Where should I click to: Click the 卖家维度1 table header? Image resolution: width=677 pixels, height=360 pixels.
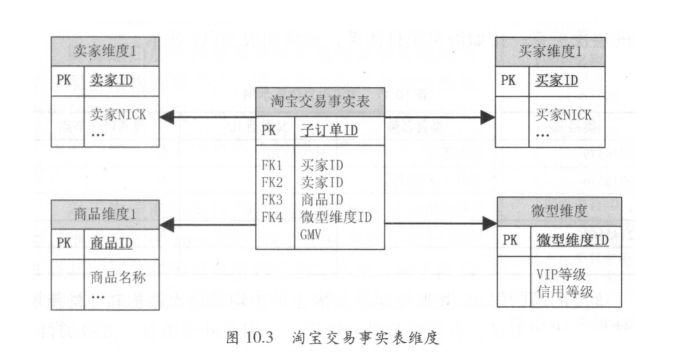click(x=105, y=52)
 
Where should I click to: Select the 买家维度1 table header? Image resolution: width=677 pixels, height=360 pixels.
click(x=550, y=52)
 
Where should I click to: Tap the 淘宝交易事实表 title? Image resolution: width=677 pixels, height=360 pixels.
click(x=320, y=102)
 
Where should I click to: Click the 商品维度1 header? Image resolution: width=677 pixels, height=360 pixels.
click(x=105, y=214)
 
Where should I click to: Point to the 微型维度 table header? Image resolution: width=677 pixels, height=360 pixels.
click(x=559, y=211)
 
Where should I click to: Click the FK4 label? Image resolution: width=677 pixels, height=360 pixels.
click(x=272, y=217)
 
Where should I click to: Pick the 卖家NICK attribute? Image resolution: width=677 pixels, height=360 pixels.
click(x=118, y=114)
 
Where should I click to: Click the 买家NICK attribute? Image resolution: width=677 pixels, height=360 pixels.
click(x=562, y=114)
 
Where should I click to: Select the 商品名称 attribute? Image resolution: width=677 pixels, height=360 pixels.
click(x=118, y=277)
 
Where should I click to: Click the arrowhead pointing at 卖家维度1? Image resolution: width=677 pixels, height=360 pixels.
click(x=166, y=118)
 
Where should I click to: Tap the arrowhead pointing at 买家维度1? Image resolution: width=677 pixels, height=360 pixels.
click(x=488, y=118)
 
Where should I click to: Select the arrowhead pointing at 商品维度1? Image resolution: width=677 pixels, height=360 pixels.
click(x=166, y=225)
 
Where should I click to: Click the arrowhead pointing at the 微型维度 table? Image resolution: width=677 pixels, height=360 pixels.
click(x=489, y=223)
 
